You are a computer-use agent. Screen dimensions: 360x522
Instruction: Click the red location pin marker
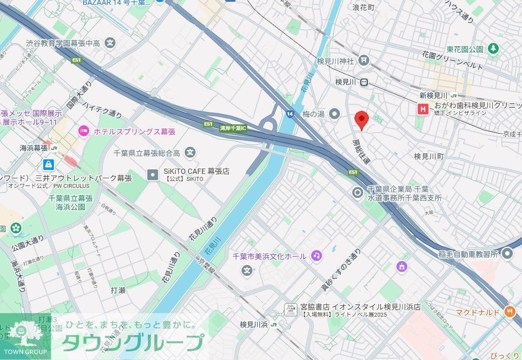[361, 119]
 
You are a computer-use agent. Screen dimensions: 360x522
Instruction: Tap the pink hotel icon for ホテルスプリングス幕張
[83, 131]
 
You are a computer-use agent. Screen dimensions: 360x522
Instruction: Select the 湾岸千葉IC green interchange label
[233, 128]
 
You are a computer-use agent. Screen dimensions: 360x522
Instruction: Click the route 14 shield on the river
[290, 114]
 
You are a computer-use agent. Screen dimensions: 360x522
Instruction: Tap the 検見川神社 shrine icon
[363, 60]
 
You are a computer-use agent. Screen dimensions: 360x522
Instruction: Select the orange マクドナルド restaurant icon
[509, 312]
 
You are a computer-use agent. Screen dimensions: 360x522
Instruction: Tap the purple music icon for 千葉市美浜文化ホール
[316, 255]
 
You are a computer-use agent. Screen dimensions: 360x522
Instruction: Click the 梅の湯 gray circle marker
[335, 114]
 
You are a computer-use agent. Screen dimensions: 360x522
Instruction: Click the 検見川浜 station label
[254, 325]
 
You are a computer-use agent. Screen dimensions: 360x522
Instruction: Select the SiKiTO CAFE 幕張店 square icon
[152, 175]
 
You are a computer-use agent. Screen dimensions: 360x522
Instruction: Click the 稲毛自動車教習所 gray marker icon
[507, 253]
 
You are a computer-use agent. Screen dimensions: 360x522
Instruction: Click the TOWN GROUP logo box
[25, 336]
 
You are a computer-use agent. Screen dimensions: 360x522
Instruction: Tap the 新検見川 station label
[433, 95]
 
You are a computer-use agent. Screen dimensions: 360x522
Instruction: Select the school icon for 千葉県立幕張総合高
[190, 152]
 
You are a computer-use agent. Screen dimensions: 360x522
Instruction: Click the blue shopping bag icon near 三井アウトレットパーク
[49, 165]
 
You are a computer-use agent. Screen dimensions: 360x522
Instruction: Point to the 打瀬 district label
[118, 290]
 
